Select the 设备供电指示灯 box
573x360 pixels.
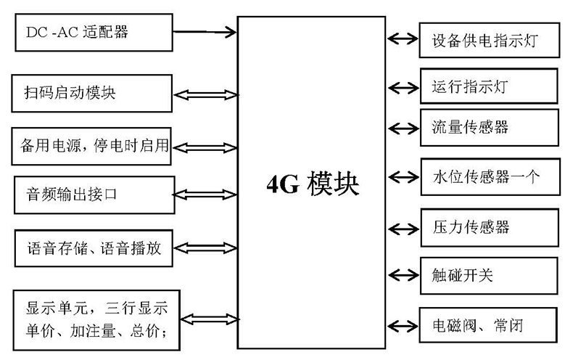[490, 39]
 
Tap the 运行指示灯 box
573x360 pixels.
[490, 86]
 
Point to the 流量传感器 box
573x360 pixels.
[490, 128]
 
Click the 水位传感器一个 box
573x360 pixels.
[490, 176]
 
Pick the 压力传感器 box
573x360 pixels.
[490, 226]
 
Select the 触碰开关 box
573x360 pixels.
[490, 274]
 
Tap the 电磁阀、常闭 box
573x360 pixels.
[490, 325]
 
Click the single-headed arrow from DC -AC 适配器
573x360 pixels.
[207, 31]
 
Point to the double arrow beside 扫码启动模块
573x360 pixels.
[206, 94]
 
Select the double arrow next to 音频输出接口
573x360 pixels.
[206, 195]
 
